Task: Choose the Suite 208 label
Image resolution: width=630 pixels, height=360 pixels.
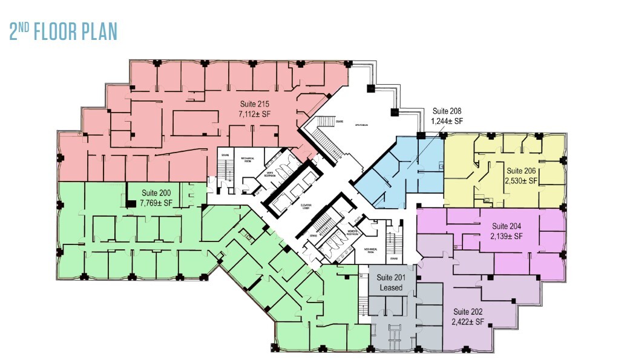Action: point(447,111)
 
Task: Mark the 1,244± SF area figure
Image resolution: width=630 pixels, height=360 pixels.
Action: point(447,121)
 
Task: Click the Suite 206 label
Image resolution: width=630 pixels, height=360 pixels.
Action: point(522,171)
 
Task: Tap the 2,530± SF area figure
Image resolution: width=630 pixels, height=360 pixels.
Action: point(522,180)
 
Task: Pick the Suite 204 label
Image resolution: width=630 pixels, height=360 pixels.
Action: point(507,225)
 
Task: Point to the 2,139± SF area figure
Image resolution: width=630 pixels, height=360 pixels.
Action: point(507,235)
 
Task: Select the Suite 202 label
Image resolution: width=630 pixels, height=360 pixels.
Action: point(468,312)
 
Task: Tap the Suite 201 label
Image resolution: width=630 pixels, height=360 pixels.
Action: point(391,278)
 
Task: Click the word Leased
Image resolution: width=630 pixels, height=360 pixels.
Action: point(391,287)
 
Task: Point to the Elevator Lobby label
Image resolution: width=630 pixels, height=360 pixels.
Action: point(306,206)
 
